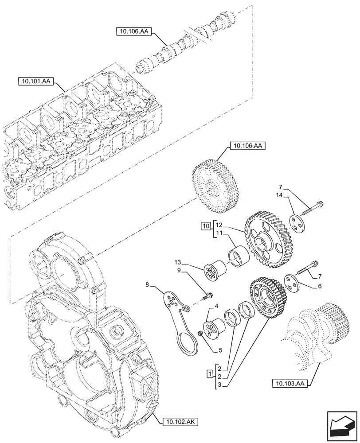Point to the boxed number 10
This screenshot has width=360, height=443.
(x=205, y=226)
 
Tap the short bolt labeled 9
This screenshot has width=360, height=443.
(x=207, y=295)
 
